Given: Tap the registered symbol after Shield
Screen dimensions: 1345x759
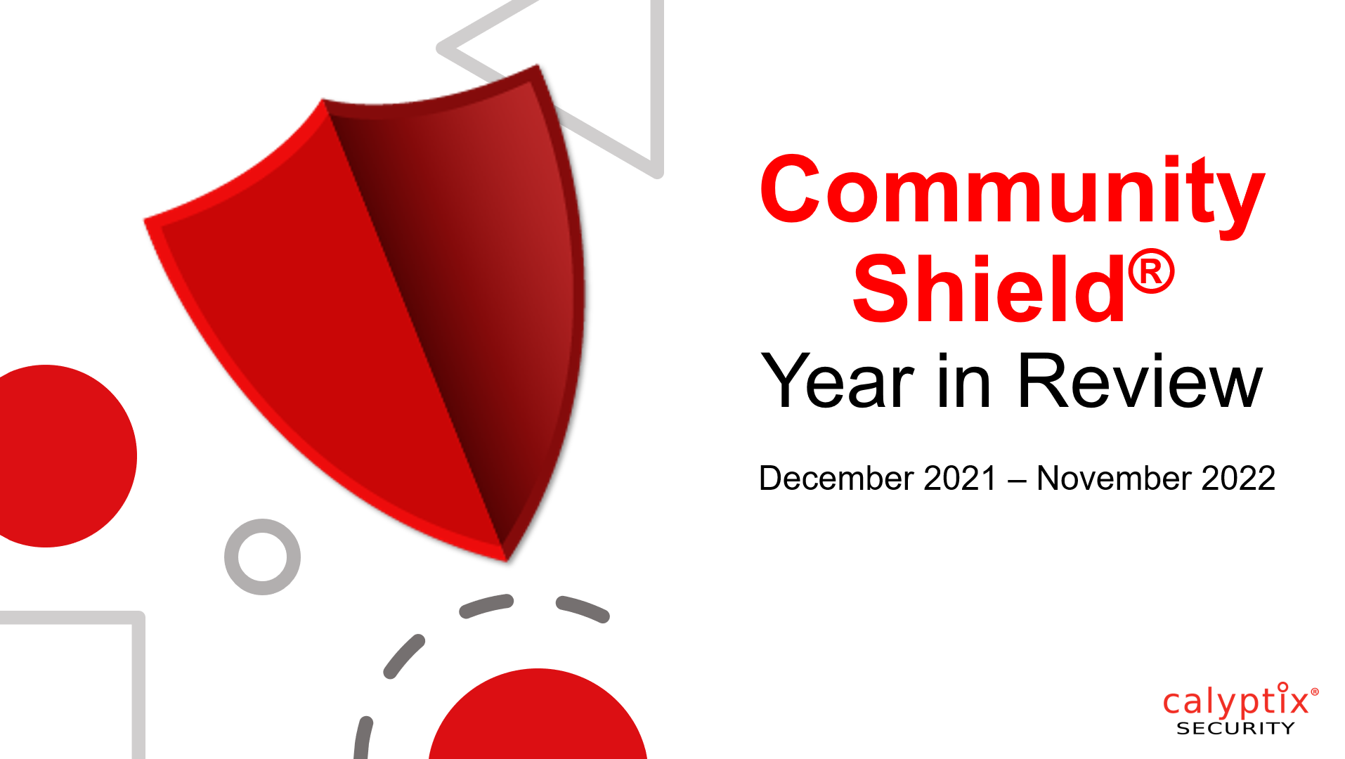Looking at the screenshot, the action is pyautogui.click(x=1151, y=271).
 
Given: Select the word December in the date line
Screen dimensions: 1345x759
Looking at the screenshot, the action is pyautogui.click(x=836, y=479).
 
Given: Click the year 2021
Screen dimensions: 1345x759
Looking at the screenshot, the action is pyautogui.click(x=960, y=479).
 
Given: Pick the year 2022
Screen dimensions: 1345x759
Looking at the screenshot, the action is pyautogui.click(x=1238, y=479).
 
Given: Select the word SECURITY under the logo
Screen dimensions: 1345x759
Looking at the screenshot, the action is pyautogui.click(x=1235, y=729).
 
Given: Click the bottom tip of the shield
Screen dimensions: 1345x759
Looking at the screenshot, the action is pyautogui.click(x=506, y=561).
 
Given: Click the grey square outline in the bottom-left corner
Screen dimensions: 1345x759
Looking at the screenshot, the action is pyautogui.click(x=138, y=675).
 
